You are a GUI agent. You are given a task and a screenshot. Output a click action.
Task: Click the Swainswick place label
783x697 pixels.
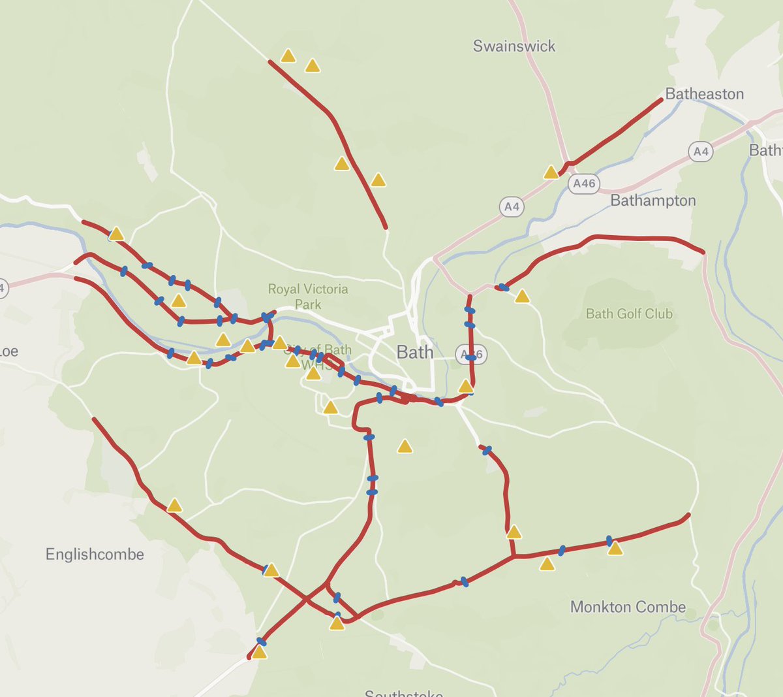[514, 46]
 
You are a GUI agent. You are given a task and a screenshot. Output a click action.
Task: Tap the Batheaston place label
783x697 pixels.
[704, 94]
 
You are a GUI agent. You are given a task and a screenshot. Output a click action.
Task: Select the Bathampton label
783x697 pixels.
[652, 201]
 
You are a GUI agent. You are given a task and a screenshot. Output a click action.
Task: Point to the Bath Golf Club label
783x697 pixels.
[629, 314]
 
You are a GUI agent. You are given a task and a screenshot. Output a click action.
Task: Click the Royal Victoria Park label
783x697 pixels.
[308, 297]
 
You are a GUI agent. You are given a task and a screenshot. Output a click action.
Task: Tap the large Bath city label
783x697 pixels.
[415, 353]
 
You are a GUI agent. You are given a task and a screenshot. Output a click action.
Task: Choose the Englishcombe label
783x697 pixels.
[95, 555]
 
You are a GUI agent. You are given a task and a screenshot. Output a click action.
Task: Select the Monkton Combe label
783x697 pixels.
[628, 608]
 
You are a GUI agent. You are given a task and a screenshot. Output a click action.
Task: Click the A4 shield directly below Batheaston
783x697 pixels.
[700, 152]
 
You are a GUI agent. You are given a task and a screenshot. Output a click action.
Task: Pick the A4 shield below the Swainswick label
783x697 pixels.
[512, 207]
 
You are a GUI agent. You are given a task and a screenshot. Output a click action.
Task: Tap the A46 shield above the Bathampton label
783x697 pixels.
[584, 184]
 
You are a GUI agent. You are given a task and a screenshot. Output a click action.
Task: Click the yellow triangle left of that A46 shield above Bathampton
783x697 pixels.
[551, 172]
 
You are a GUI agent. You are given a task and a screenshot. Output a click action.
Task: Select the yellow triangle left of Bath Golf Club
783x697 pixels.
[522, 297]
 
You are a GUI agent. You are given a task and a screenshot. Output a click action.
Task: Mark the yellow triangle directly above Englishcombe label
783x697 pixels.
[174, 506]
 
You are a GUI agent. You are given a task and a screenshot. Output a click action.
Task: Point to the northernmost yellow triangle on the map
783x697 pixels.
[288, 56]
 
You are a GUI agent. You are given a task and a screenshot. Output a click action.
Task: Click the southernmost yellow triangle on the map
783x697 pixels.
[259, 653]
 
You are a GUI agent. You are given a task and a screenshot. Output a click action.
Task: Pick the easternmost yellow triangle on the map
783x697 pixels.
[615, 549]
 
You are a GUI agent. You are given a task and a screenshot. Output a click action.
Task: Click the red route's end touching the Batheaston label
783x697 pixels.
[661, 100]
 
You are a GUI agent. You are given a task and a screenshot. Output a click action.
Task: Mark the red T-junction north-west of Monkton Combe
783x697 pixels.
[514, 557]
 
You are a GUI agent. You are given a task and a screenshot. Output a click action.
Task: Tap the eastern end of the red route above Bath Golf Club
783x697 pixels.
[703, 251]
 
